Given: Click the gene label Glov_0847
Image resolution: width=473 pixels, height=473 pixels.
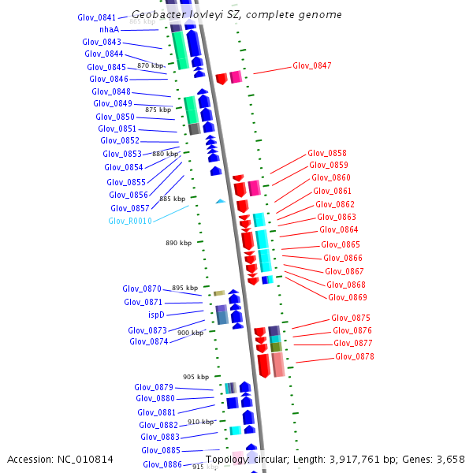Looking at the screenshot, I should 311,65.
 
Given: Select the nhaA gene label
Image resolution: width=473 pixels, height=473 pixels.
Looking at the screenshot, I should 110,29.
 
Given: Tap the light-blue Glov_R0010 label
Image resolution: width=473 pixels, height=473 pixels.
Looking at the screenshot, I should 130,221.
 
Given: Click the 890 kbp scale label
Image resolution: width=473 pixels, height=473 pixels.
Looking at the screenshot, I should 178,244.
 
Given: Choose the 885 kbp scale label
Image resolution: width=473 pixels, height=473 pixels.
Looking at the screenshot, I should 172,199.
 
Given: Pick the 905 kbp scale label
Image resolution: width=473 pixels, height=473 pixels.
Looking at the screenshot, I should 196,377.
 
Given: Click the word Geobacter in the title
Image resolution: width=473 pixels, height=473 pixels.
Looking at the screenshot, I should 155,15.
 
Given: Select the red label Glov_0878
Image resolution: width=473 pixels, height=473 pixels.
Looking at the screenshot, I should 354,356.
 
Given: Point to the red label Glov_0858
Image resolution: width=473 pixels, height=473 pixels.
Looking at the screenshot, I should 326,153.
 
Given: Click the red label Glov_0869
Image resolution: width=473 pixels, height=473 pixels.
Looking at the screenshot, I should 347,297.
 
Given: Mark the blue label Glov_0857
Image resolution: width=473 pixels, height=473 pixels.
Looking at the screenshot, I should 129,208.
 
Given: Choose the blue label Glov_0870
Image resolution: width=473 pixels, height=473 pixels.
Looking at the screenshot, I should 142,289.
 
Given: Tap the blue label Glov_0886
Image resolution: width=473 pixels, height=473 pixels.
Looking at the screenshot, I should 162,464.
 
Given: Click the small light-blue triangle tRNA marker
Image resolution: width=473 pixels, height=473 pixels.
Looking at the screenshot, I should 220,201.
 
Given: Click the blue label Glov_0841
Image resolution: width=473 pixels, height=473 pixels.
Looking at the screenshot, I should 97,17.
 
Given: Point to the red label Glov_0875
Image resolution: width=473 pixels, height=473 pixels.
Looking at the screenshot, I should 351,318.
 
